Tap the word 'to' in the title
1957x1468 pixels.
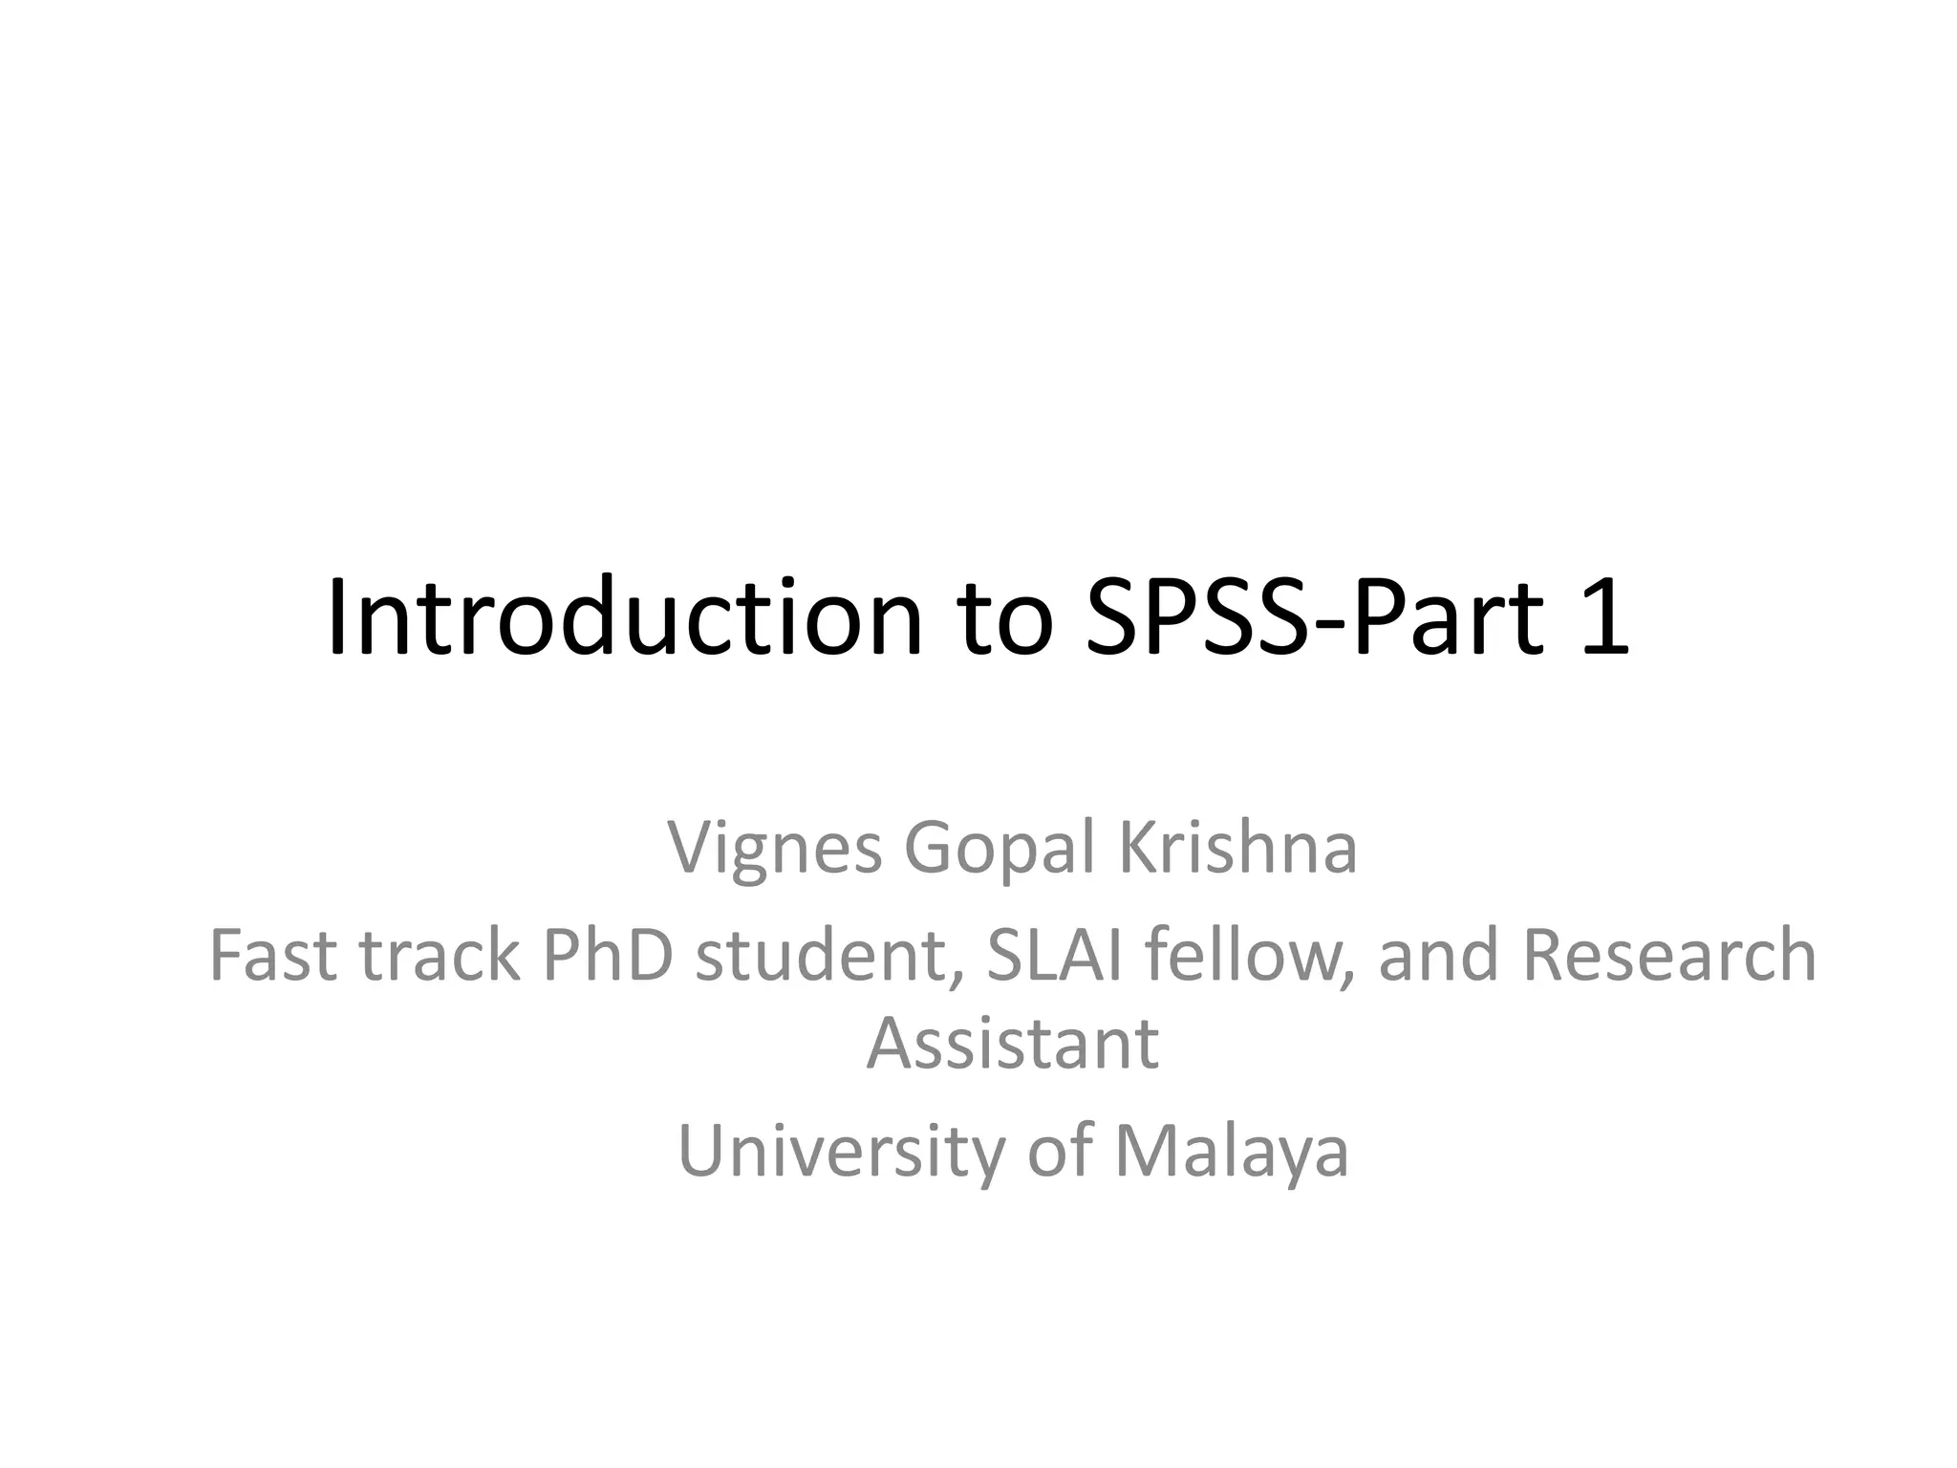coord(1007,621)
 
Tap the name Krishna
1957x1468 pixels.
coord(1237,847)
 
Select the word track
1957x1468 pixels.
coord(440,956)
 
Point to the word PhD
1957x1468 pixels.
coord(608,956)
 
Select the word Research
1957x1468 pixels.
coord(1668,956)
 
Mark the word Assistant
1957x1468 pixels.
coord(1013,1044)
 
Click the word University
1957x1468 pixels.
coord(841,1153)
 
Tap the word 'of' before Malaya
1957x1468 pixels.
coord(1059,1151)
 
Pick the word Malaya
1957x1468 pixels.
coord(1232,1153)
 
